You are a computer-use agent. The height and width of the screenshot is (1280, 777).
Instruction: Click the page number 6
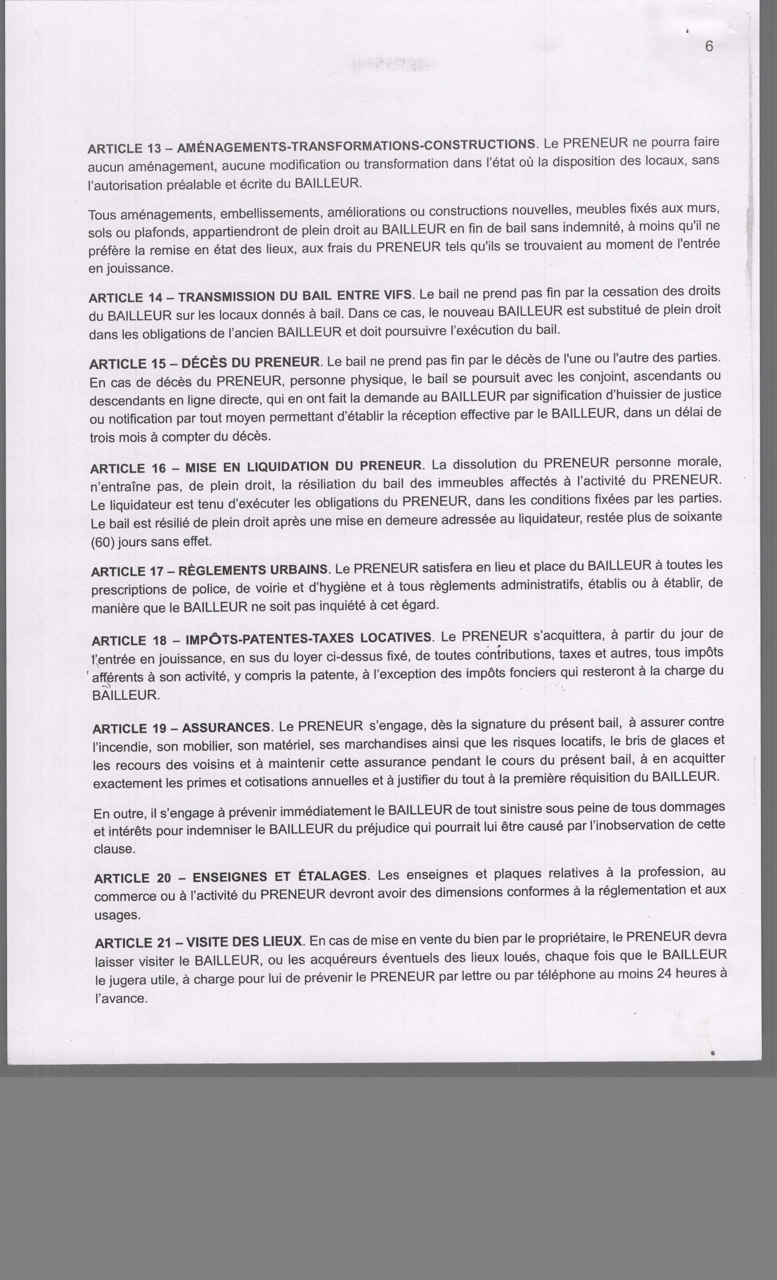709,47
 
